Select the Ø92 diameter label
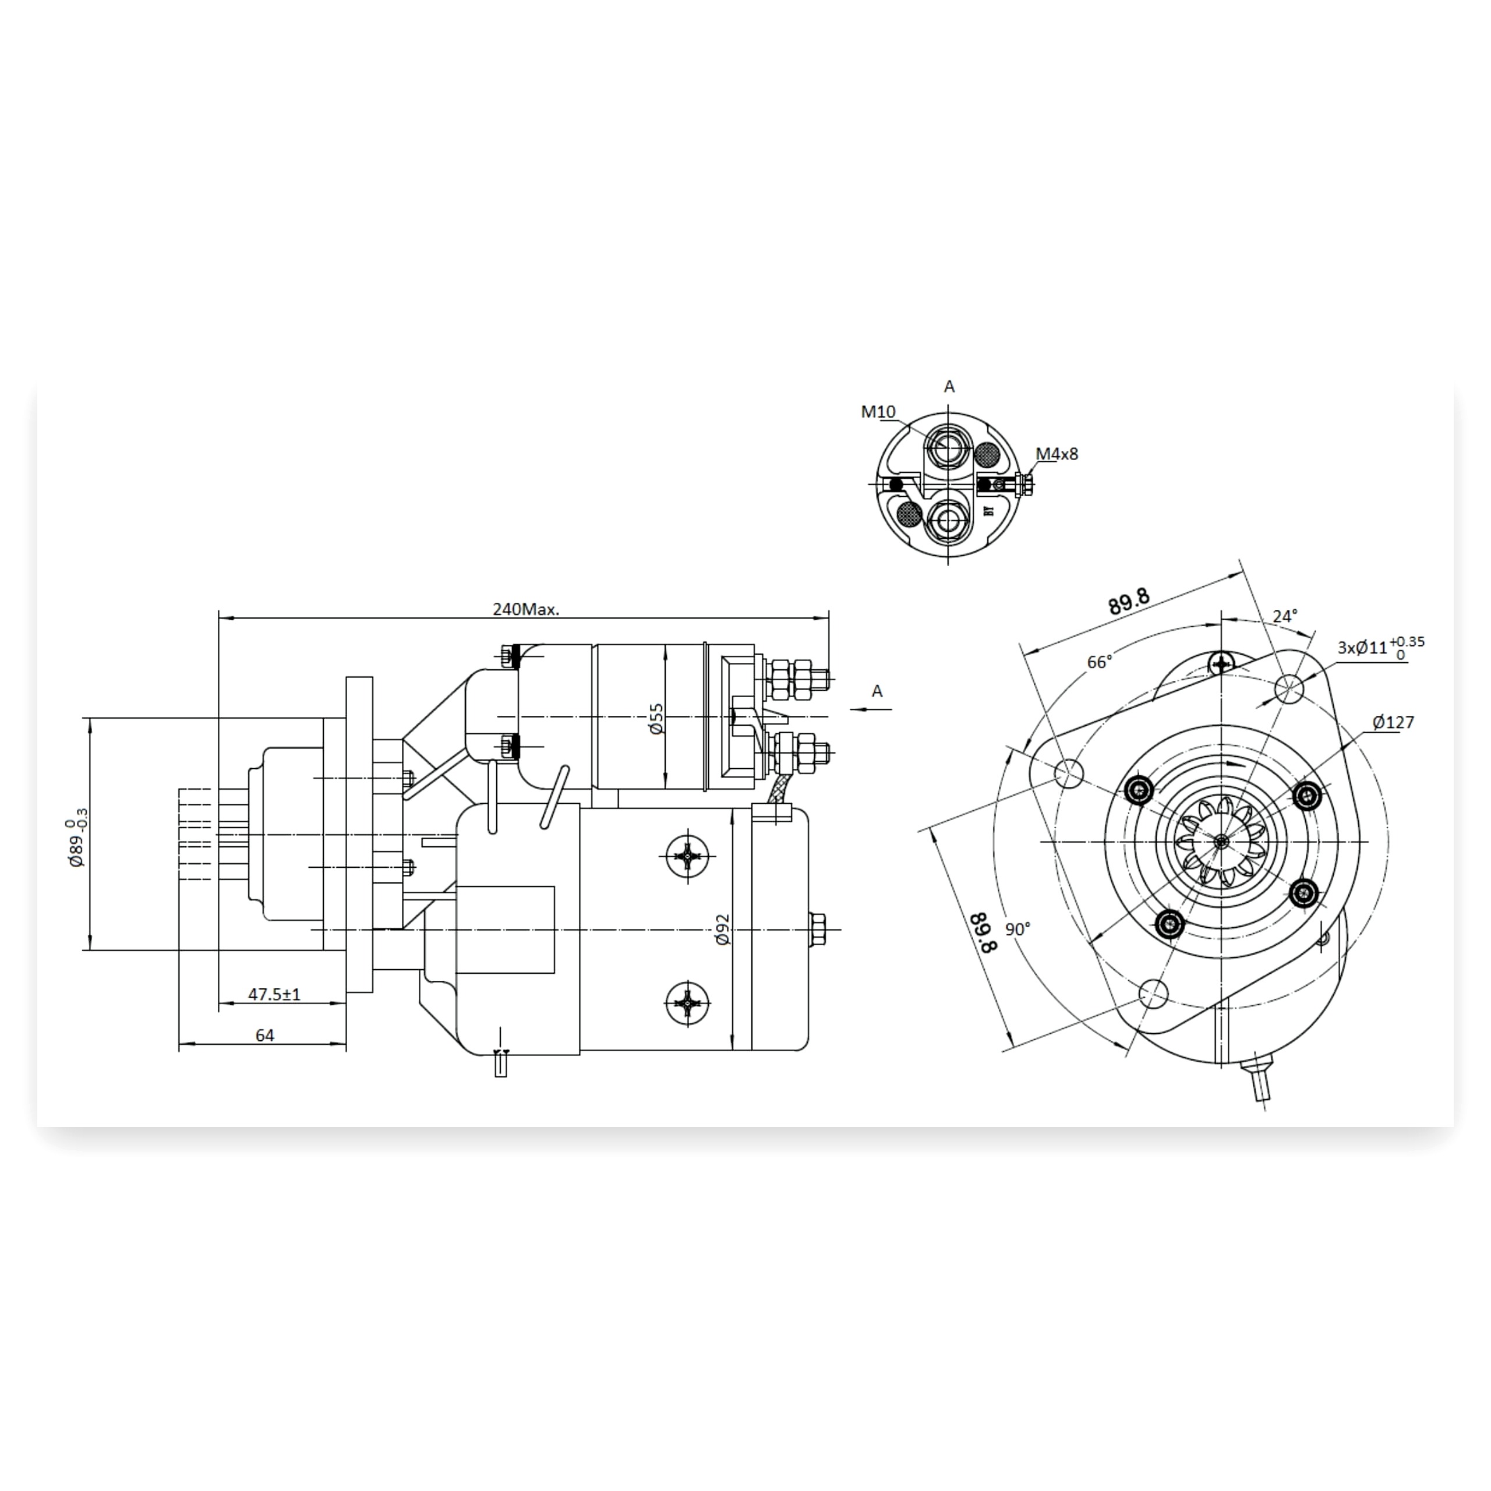click(x=722, y=930)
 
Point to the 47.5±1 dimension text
click(x=274, y=995)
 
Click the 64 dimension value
click(x=264, y=1036)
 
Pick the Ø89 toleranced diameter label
click(x=77, y=838)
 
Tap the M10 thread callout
click(x=878, y=412)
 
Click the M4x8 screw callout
click(x=1057, y=454)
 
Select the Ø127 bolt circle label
click(x=1393, y=722)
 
